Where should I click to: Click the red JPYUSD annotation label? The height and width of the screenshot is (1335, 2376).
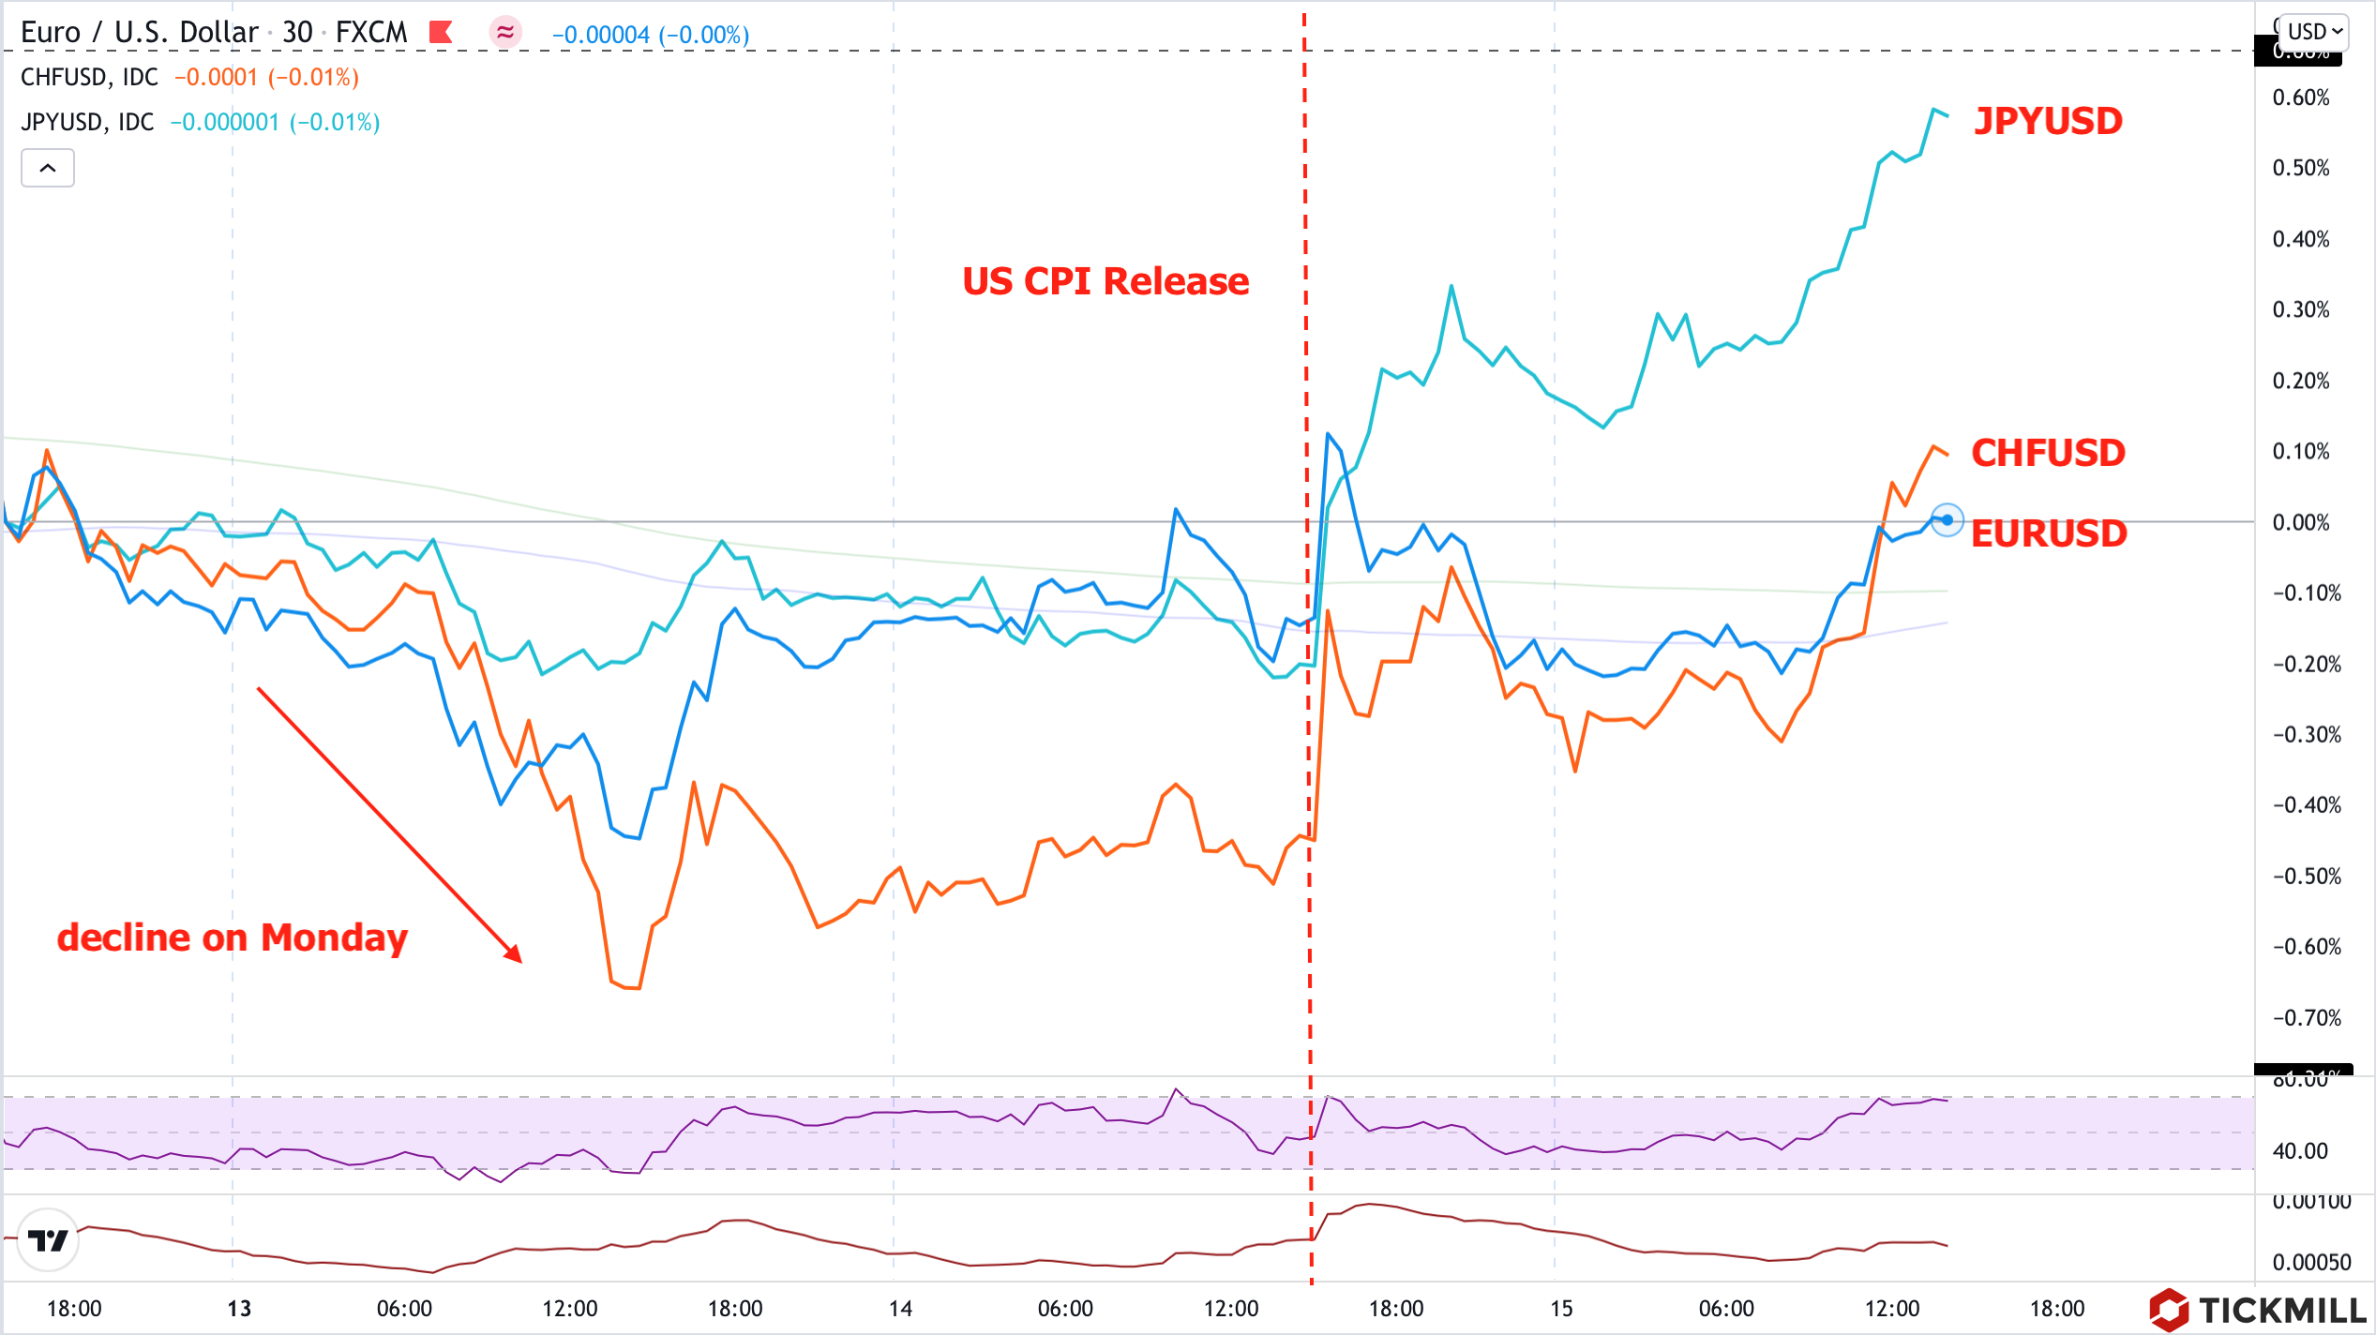point(2048,122)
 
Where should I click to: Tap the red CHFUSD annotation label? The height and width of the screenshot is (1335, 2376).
point(2048,454)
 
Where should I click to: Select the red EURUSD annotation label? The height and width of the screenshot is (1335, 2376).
point(2049,534)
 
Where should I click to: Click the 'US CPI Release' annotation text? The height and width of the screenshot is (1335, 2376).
point(1105,281)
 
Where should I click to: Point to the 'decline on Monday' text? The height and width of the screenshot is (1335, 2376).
point(233,937)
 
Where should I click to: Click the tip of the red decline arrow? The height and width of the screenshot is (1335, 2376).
point(519,960)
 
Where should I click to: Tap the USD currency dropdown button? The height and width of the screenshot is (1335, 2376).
point(2314,32)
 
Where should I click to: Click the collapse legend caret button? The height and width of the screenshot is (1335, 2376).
point(48,169)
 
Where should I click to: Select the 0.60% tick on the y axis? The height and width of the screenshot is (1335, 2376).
point(2300,97)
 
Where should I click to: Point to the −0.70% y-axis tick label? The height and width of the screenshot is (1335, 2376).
point(2306,1018)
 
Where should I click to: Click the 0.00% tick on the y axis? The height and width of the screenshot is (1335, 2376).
point(2300,522)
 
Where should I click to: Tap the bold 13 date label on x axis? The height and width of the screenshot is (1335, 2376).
point(239,1309)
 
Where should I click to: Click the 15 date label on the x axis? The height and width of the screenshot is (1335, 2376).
point(1561,1309)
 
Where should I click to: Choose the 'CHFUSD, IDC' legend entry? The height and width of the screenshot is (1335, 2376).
point(89,77)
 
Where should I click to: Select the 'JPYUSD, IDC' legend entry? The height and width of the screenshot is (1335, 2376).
point(87,122)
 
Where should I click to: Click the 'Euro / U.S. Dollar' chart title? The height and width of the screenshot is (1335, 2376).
point(139,33)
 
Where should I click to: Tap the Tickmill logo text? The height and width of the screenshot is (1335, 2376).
point(2280,1310)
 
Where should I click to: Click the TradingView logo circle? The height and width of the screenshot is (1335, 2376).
point(48,1240)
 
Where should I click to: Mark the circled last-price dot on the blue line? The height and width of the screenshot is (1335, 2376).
point(1947,520)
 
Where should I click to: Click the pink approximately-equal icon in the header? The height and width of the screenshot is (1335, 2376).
point(505,33)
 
